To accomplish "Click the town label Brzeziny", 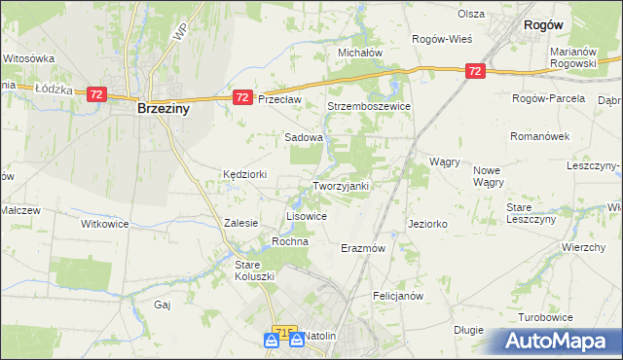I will click(163, 110).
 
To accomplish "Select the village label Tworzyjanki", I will click(340, 185).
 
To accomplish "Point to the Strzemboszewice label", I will click(369, 106).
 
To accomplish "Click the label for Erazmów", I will click(364, 248).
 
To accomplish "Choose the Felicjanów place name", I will click(397, 295).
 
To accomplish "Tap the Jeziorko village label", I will click(428, 224).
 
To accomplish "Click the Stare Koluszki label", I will click(255, 270).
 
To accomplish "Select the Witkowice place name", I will click(104, 223).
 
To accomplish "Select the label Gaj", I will click(163, 305).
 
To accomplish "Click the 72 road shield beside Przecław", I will click(243, 97).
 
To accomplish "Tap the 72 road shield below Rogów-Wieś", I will click(474, 71).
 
